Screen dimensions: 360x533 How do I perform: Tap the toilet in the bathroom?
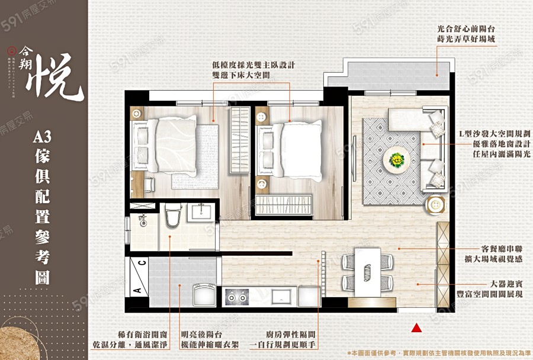point(172,217)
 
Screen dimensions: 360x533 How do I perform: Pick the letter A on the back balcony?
point(136,290)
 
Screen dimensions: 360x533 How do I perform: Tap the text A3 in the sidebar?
point(44,138)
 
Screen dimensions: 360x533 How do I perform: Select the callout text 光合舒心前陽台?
point(465,28)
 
